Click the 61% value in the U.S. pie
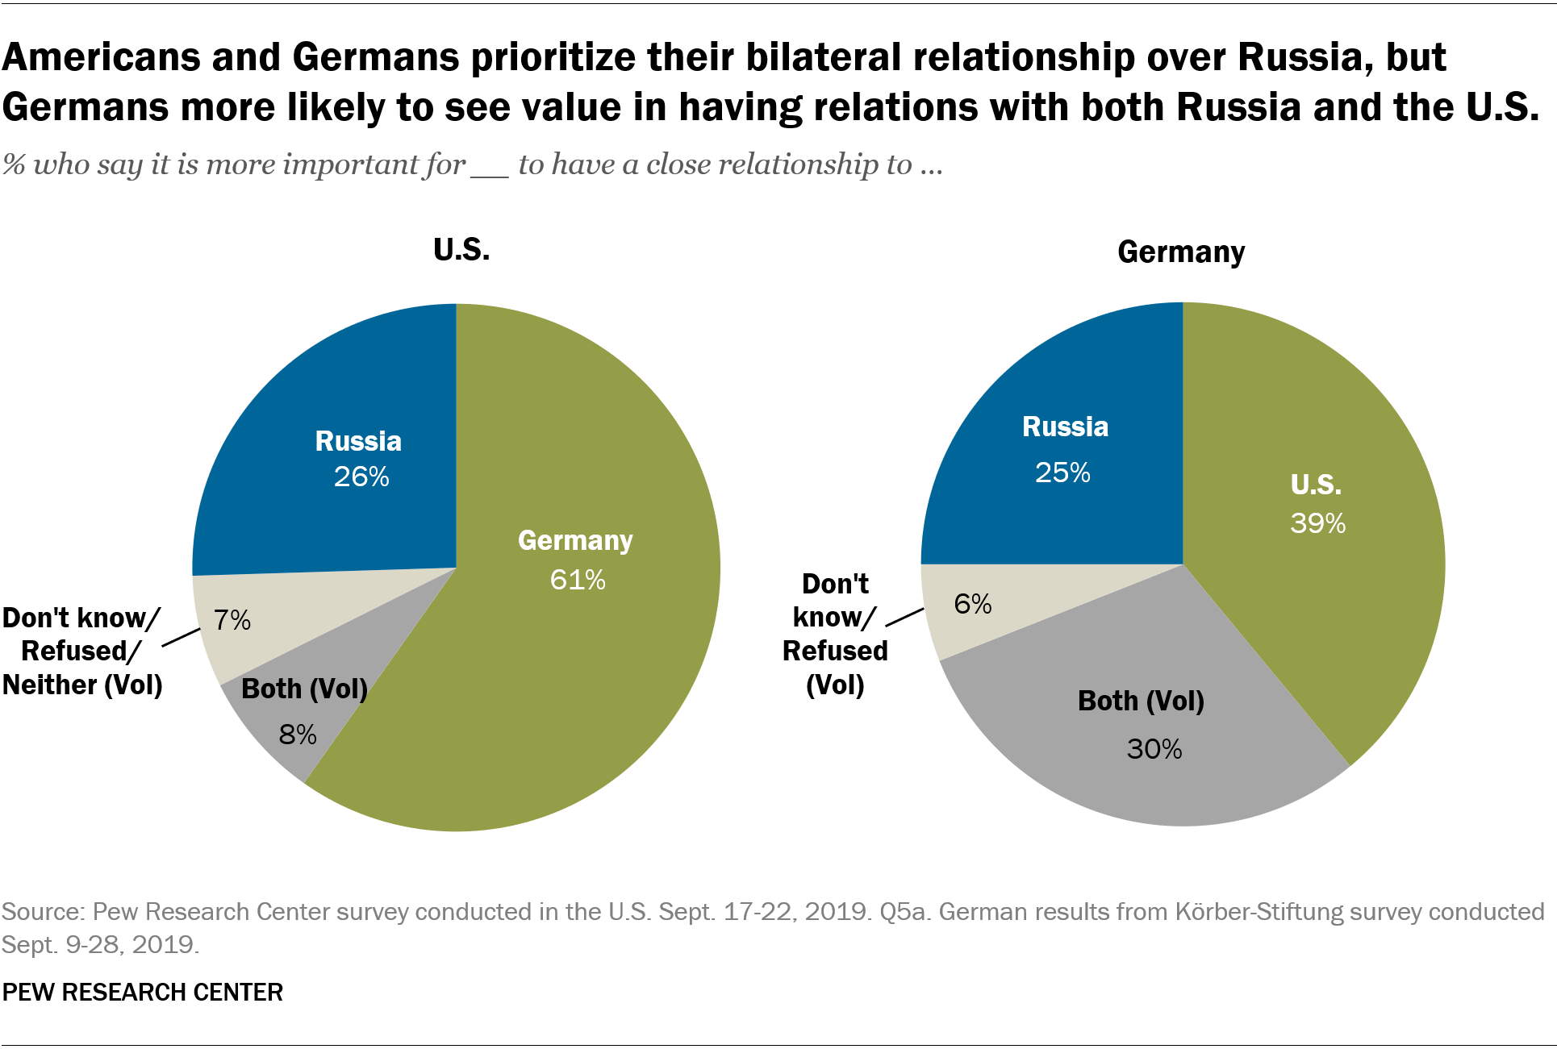point(578,580)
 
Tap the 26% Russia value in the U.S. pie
point(361,477)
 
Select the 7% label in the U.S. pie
point(232,620)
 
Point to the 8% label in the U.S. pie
point(298,735)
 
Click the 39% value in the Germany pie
point(1318,523)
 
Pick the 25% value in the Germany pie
point(1062,472)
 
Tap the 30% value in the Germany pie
point(1154,749)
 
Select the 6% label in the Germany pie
point(973,604)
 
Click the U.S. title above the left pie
point(461,250)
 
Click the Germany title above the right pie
point(1181,252)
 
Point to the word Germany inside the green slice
point(575,540)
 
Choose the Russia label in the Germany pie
point(1065,427)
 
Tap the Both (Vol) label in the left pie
point(304,689)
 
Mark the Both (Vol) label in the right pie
point(1141,701)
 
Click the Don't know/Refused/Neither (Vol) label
point(82,651)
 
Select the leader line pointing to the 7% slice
point(181,637)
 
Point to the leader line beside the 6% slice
point(905,617)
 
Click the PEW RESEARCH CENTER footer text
point(143,992)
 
